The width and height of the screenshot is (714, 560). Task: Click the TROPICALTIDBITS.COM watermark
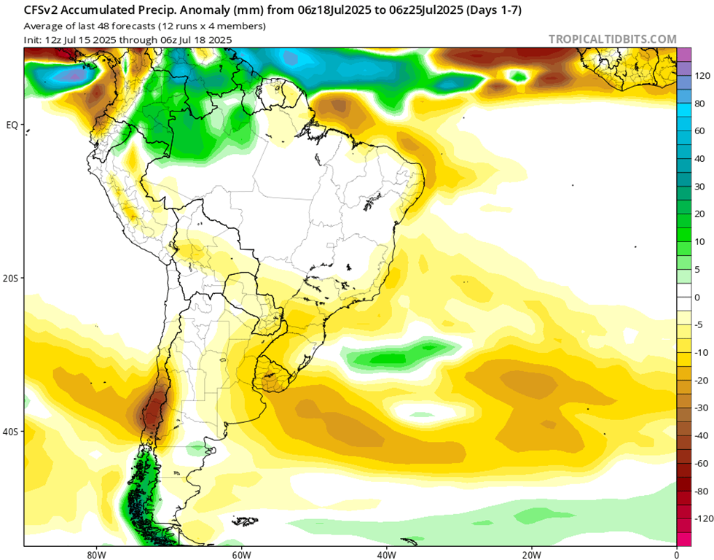point(612,39)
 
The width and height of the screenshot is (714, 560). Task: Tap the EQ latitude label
point(12,125)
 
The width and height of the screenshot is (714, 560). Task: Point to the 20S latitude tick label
point(12,279)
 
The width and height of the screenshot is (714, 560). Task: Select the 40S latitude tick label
point(12,432)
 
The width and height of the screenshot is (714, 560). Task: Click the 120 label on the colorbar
point(702,76)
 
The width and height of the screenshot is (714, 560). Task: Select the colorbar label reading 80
point(699,104)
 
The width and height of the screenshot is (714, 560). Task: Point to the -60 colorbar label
point(701,463)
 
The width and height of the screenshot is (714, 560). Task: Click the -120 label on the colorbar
point(703,518)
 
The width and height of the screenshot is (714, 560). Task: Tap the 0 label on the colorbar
point(697,297)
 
